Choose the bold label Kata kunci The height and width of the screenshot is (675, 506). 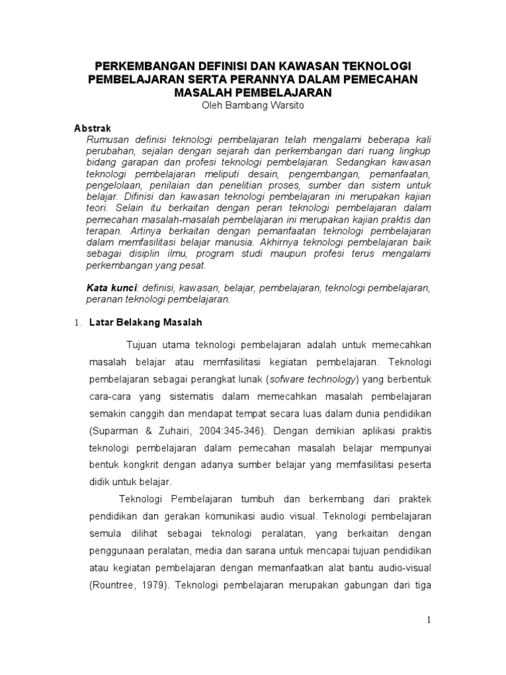(111, 288)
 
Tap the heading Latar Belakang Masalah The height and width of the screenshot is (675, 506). (145, 323)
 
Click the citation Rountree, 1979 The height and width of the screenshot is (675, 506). (130, 584)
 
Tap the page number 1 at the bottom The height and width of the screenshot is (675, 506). (428, 620)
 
